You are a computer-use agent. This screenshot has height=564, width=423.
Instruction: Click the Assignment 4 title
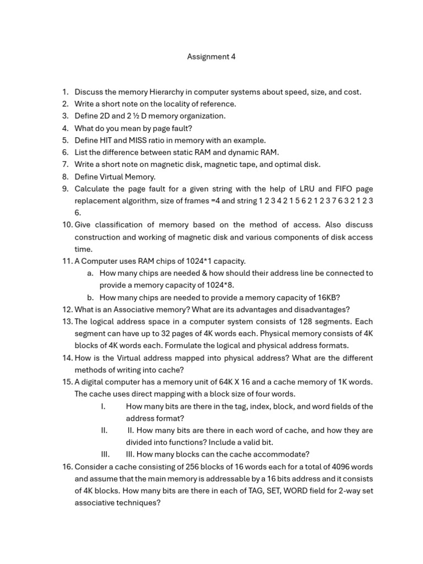point(211,57)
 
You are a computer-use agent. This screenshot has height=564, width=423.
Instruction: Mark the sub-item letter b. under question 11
point(90,297)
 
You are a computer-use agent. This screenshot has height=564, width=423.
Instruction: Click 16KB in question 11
point(329,297)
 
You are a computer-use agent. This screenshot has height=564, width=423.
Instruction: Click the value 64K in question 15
point(213,382)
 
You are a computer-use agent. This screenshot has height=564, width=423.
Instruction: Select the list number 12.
point(67,310)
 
